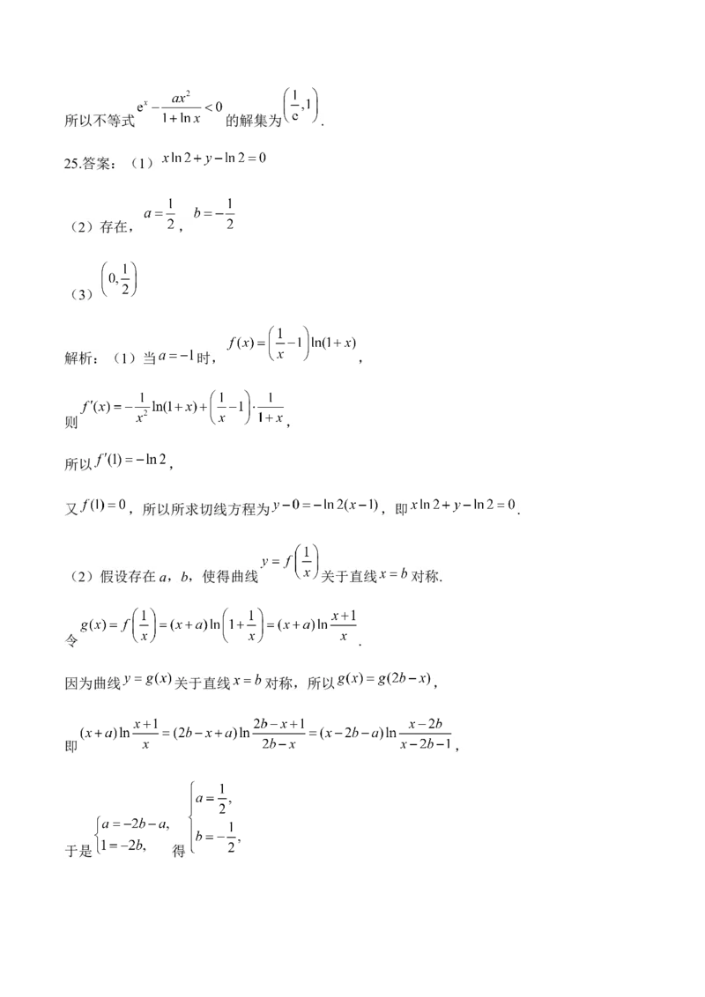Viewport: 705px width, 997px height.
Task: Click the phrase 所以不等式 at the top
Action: pyautogui.click(x=100, y=122)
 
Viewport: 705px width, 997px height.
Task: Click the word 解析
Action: pyautogui.click(x=81, y=358)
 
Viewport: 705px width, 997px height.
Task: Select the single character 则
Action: pyautogui.click(x=71, y=423)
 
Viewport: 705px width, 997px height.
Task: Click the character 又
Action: pyautogui.click(x=71, y=510)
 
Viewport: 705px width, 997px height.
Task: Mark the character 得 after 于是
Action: pyautogui.click(x=180, y=853)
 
